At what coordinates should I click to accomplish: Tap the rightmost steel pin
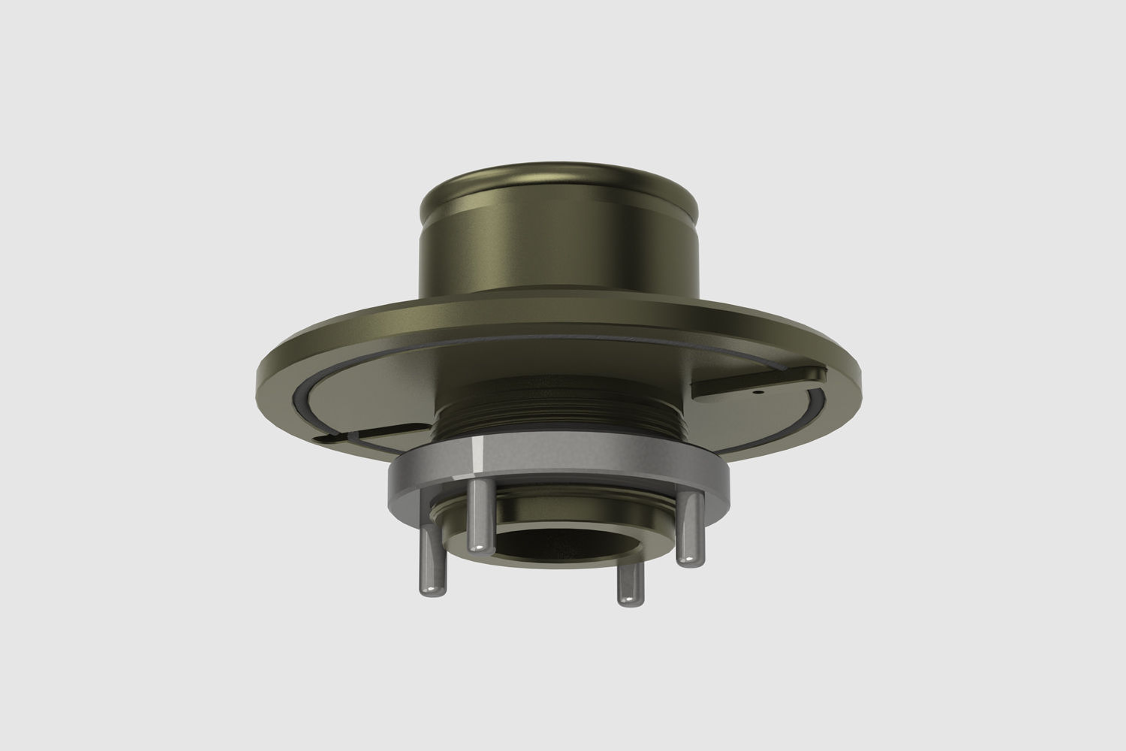point(691,529)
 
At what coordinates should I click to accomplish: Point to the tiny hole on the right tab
point(758,391)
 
